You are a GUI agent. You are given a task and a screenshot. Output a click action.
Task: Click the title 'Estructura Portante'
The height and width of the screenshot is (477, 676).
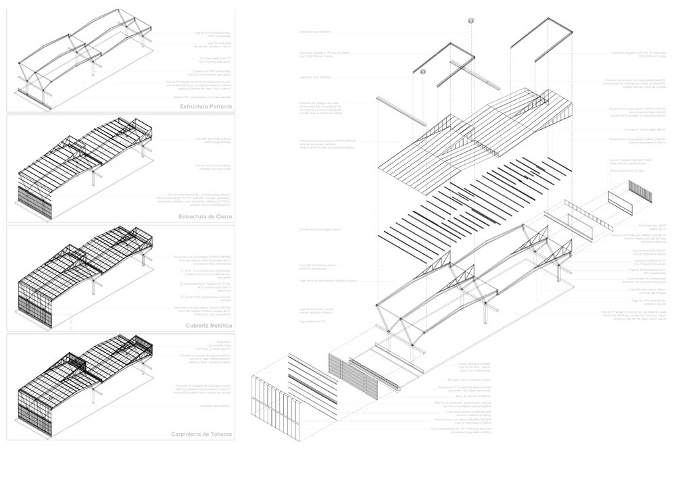coord(206,107)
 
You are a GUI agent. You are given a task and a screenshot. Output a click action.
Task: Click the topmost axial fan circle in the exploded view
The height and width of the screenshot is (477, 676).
coord(470,22)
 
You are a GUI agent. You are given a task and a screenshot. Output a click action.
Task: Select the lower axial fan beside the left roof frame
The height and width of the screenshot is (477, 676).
coord(424,72)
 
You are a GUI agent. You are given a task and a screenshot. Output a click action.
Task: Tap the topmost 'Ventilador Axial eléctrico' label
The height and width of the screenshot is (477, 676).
coord(316,32)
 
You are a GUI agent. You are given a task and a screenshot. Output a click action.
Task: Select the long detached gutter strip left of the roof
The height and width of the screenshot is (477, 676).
coord(401,111)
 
